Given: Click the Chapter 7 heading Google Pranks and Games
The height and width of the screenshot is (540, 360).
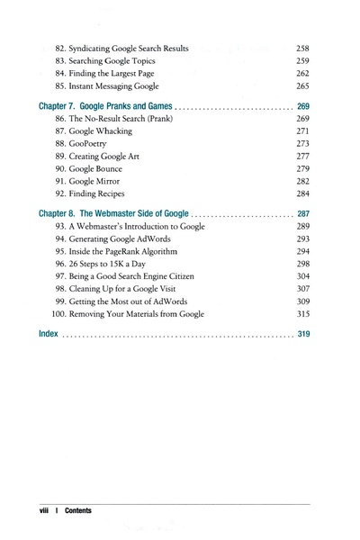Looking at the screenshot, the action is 105,105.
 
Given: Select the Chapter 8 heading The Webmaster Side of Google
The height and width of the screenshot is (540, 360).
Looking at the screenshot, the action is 113,213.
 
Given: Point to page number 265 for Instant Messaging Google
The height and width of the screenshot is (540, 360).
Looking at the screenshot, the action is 302,86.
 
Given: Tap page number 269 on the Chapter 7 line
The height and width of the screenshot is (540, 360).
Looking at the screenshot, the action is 302,105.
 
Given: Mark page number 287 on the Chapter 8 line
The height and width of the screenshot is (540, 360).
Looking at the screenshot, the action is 302,213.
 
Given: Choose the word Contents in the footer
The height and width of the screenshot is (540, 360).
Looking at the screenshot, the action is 77,510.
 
